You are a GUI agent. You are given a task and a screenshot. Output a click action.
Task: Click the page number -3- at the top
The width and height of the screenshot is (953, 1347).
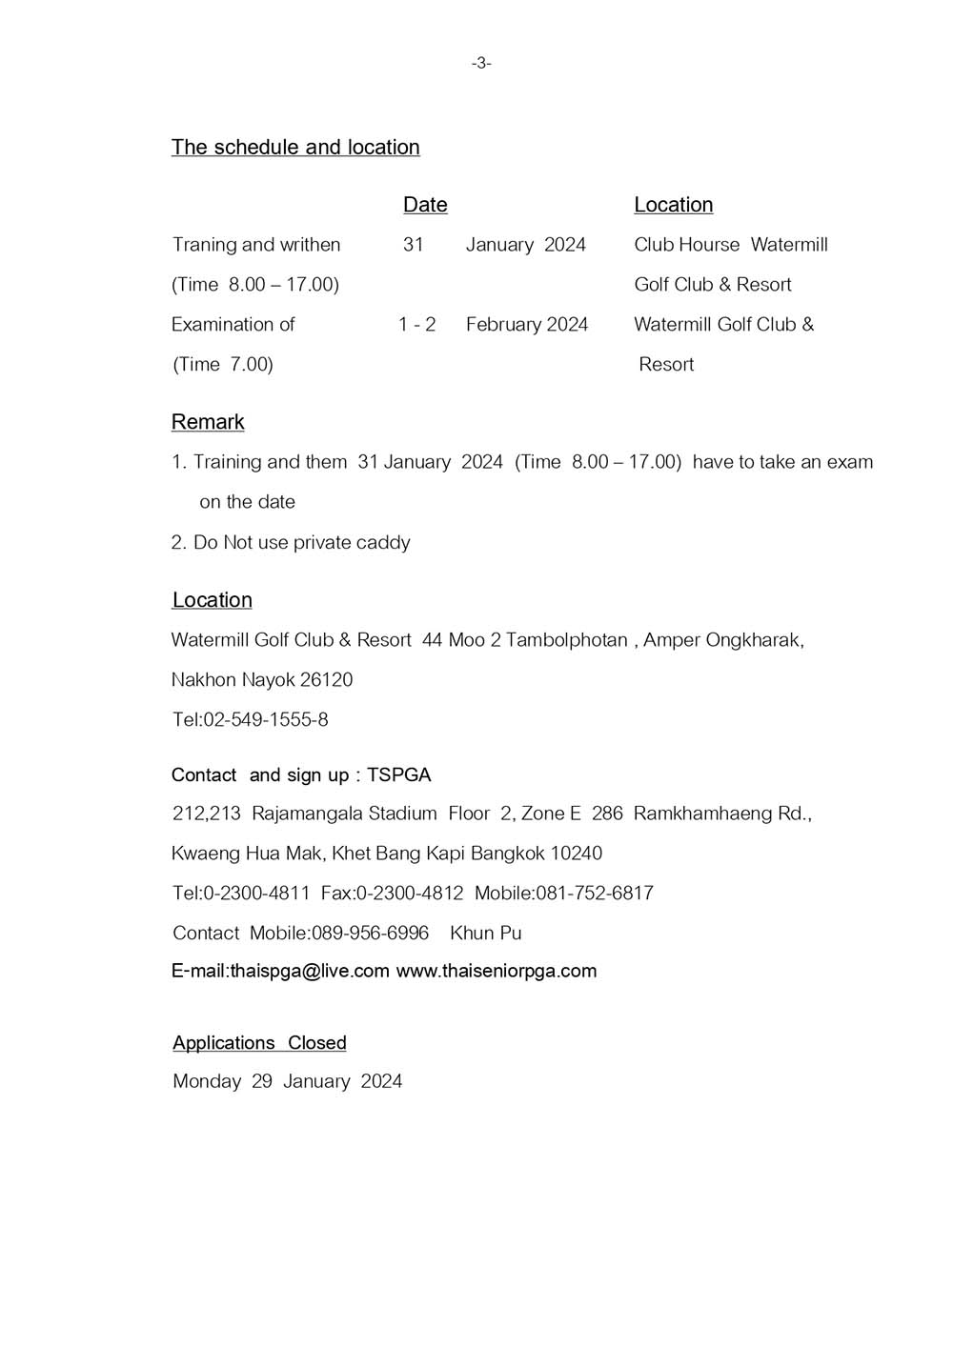point(481,64)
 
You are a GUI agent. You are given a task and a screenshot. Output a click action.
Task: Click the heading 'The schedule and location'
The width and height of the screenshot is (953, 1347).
point(295,148)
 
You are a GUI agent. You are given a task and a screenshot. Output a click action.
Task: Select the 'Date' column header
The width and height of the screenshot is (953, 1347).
point(425,205)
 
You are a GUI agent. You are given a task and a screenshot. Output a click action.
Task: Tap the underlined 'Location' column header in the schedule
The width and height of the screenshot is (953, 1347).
point(673,205)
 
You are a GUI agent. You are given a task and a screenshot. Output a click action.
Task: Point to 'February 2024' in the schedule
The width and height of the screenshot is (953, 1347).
point(527,325)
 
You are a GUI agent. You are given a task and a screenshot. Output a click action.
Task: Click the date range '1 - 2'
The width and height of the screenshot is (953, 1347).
point(416,325)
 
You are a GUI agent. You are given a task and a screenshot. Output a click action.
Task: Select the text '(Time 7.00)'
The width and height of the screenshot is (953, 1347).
point(223,365)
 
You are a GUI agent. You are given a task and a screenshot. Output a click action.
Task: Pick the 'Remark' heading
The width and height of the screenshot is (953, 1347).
point(208,422)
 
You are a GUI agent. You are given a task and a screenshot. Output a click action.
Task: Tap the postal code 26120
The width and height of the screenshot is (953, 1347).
point(326,680)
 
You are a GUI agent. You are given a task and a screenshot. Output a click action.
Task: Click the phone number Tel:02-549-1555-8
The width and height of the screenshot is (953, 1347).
point(251,720)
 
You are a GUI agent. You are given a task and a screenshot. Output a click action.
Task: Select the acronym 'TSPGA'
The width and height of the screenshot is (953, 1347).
point(399,775)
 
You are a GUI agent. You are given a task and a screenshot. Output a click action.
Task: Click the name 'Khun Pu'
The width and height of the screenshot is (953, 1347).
point(486,934)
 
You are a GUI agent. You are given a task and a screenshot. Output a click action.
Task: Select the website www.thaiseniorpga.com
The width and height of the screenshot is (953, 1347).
point(496,972)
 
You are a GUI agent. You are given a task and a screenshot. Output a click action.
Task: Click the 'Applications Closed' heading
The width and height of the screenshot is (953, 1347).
point(259,1043)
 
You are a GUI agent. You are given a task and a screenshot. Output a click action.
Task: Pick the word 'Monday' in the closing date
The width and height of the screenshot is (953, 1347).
point(207,1081)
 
